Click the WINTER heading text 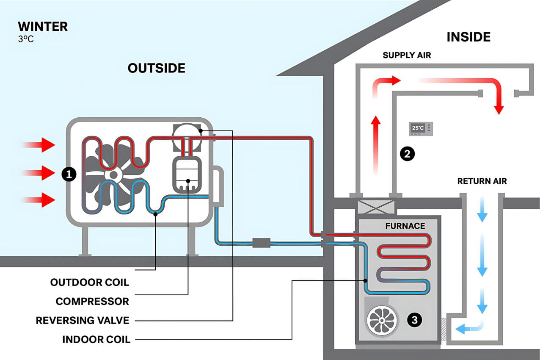[43, 27]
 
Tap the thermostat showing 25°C [421, 128]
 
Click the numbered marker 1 [69, 173]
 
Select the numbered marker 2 [407, 154]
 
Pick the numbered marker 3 [414, 320]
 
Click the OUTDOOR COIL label [89, 282]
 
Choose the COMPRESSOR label [92, 301]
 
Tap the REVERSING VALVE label [82, 320]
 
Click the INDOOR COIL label [96, 339]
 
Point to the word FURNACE [405, 226]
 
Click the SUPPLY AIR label [407, 55]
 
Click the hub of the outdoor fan [113, 174]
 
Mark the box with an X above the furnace [376, 207]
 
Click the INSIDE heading [468, 37]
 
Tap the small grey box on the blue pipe [261, 243]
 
